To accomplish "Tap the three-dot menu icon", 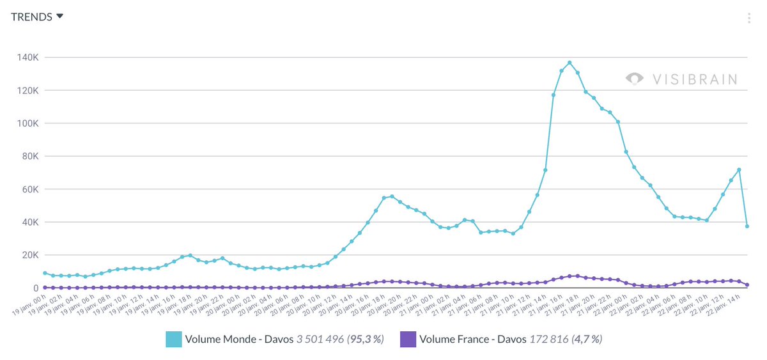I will tap(748, 18).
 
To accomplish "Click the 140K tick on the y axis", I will tap(28, 58).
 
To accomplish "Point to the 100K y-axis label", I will tap(28, 123).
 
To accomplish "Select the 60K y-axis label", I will tap(30, 189).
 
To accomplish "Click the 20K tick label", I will tap(30, 255).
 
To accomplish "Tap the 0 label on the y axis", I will tap(36, 288).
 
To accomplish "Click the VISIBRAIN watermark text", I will tap(695, 79).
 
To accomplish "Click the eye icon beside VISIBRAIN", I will tap(635, 79).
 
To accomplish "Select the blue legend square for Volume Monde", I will tap(174, 339).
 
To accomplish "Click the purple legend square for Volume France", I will tap(408, 339).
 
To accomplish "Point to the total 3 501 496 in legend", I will tap(320, 339).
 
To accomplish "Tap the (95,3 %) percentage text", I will tap(365, 339).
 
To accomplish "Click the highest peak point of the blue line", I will tap(569, 63).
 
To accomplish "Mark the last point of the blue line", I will tap(747, 226).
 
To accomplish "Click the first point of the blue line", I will tap(45, 273).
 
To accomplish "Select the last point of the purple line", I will tap(747, 285).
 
